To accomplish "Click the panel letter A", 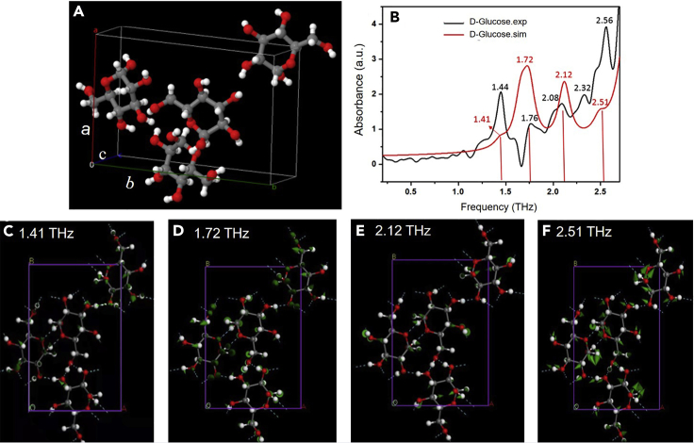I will coord(77,13).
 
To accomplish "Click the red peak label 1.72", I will coord(525,59).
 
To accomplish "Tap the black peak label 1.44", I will coord(501,87).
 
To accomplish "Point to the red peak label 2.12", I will coord(564,74).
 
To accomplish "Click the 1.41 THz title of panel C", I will coord(51,232).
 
